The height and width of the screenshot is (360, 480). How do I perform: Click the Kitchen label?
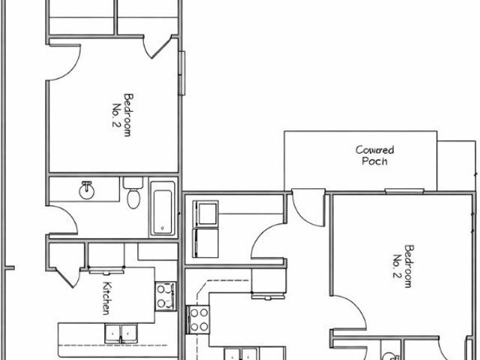[106, 298]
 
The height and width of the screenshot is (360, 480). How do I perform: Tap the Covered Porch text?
[375, 155]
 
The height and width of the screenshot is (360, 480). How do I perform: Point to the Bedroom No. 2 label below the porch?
[403, 266]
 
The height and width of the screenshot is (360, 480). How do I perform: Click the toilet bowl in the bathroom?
[133, 198]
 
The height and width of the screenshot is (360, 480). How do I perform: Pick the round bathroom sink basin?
[87, 190]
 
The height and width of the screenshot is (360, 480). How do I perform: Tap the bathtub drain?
[163, 228]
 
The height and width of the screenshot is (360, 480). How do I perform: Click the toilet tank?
[133, 183]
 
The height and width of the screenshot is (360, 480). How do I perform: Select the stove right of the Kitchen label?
[166, 296]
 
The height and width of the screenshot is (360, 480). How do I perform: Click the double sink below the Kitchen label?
[121, 334]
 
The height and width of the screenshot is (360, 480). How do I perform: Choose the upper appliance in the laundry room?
[205, 213]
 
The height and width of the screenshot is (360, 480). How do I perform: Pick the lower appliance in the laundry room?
[205, 243]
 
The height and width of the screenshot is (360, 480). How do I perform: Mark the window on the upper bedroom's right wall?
[181, 73]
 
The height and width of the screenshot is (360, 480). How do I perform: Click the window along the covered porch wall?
[404, 192]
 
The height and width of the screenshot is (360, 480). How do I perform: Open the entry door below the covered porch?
[308, 208]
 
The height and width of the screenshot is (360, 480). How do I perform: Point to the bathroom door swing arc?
[63, 220]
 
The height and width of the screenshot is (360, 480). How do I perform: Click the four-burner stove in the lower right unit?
[198, 319]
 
